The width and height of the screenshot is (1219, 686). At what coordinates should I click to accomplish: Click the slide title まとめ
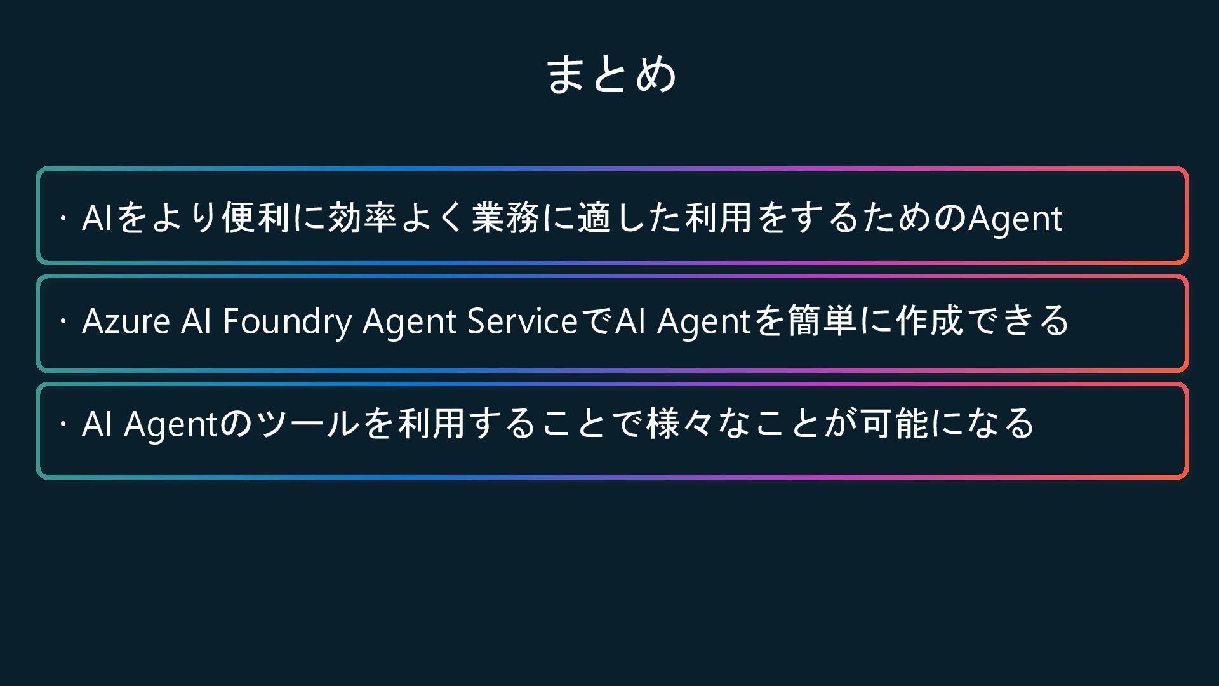[x=611, y=75]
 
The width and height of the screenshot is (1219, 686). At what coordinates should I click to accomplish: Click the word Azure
[x=126, y=321]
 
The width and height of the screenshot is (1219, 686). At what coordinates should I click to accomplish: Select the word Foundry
[x=287, y=321]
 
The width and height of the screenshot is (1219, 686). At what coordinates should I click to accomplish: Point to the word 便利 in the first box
[x=255, y=218]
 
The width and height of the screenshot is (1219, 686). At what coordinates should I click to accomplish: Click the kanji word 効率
[x=363, y=218]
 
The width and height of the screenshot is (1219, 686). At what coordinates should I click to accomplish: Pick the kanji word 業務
[x=505, y=218]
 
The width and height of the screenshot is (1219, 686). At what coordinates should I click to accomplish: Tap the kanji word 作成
[x=930, y=321]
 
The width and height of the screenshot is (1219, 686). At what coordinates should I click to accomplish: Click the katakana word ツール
[x=309, y=424]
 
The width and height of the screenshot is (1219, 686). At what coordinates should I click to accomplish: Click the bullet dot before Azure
[x=63, y=321]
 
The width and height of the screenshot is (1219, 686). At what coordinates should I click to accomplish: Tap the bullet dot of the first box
[x=63, y=219]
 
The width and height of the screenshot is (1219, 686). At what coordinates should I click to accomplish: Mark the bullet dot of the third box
[x=63, y=424]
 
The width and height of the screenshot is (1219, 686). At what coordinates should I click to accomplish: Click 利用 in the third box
[x=432, y=424]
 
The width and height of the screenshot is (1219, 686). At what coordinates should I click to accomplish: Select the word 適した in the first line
[x=630, y=218]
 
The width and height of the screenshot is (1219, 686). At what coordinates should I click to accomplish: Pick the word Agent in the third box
[x=171, y=425]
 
